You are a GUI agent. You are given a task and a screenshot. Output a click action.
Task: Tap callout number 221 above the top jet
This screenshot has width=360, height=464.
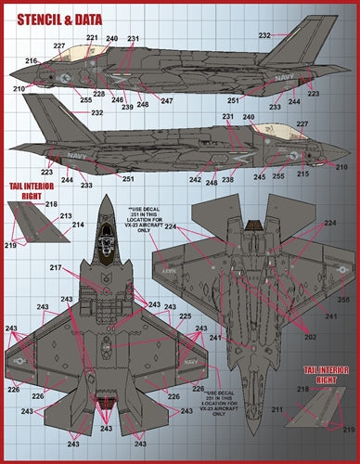[92, 38]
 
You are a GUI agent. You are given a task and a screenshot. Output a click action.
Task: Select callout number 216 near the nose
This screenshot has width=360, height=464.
[32, 60]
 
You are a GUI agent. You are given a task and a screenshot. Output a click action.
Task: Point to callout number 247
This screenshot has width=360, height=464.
[167, 99]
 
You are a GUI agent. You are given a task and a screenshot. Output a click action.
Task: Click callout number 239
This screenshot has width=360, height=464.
[129, 105]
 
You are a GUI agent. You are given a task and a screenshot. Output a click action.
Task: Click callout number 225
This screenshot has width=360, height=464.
[185, 316]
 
